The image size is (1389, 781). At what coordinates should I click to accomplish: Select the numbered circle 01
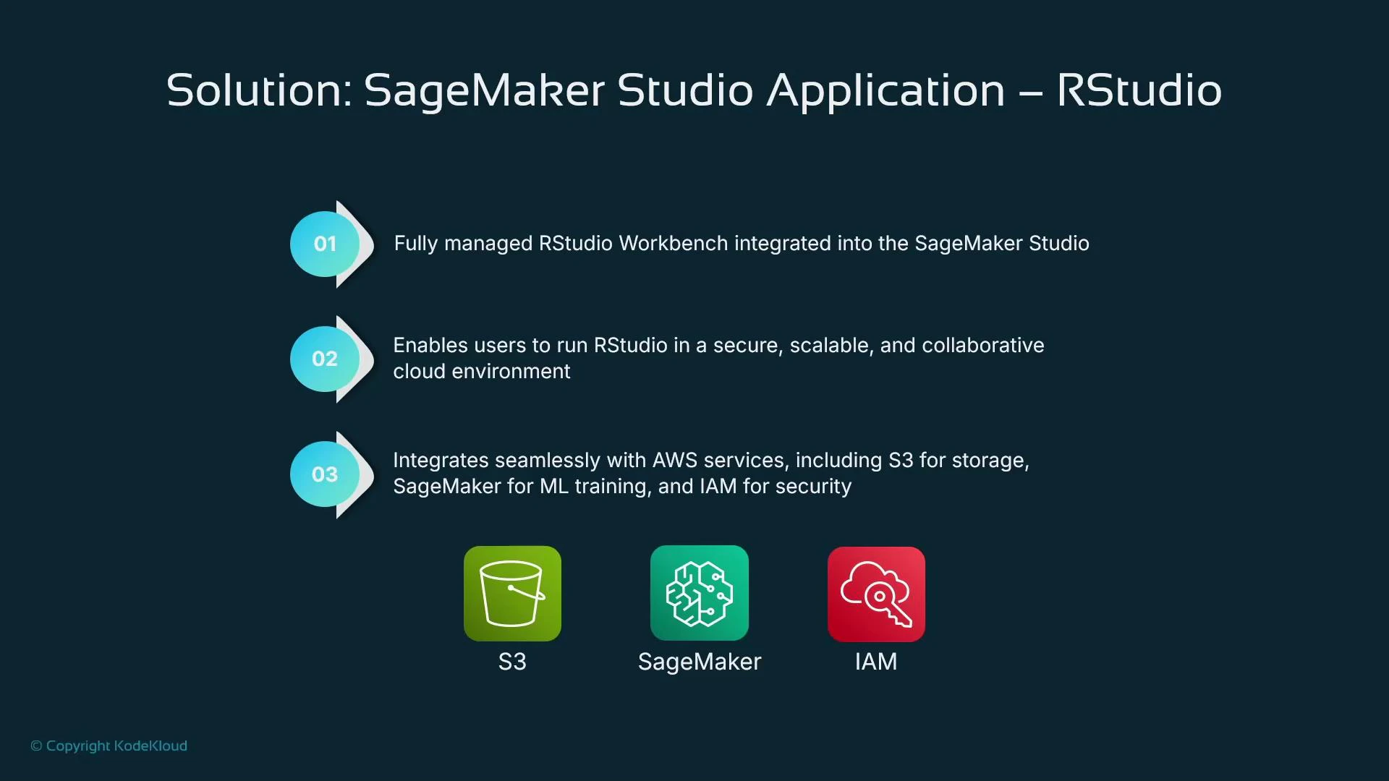[x=325, y=244]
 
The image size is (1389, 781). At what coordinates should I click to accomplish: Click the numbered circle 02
[x=325, y=359]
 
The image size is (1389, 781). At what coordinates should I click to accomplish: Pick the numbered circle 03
[x=325, y=474]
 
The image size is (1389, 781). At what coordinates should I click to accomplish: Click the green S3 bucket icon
[x=512, y=594]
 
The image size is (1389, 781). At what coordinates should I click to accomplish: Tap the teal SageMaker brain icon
[x=699, y=594]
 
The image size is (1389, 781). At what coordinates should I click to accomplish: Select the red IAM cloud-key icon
[x=876, y=594]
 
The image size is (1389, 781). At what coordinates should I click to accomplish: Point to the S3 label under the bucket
[x=512, y=662]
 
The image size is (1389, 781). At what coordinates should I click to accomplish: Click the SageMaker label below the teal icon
[x=699, y=662]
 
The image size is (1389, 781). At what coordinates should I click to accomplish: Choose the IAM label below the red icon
[x=876, y=662]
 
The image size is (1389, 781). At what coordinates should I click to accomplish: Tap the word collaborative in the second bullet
[x=982, y=346]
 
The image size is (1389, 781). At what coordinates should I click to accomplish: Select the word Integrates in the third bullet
[x=441, y=461]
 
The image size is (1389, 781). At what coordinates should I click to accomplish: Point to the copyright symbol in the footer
[x=36, y=746]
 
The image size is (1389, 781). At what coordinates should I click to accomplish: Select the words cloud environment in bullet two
[x=482, y=372]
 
